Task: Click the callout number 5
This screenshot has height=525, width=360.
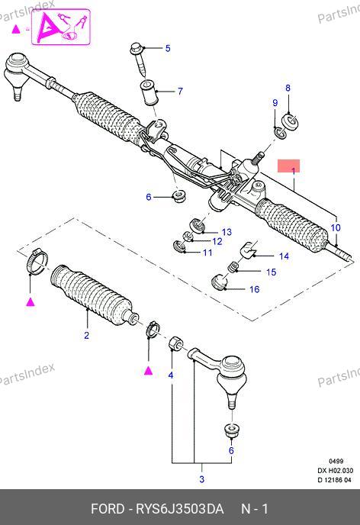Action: (168, 48)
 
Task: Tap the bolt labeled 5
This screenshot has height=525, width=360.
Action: (139, 59)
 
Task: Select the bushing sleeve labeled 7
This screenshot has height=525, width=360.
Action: (147, 92)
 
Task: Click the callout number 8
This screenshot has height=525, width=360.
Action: (288, 88)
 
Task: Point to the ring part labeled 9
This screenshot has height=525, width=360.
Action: (280, 133)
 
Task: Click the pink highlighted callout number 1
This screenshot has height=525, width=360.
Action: (293, 171)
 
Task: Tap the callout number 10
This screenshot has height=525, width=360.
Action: (336, 227)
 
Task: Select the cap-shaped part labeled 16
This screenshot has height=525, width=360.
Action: (220, 282)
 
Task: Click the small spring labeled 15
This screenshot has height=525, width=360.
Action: (233, 267)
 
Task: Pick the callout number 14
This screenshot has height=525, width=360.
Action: (284, 256)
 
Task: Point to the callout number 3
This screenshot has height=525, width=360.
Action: (202, 479)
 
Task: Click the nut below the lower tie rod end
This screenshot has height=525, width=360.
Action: (232, 431)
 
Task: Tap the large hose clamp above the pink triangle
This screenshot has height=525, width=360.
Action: (37, 261)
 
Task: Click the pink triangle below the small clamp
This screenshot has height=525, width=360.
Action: (148, 371)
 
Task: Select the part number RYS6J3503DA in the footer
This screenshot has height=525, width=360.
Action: (179, 509)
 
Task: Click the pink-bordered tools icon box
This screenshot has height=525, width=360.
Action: (61, 27)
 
